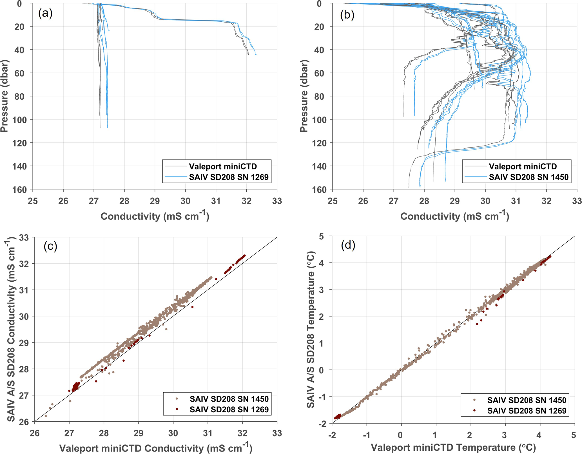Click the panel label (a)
[45, 14]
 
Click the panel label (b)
[347, 15]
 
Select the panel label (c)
[50, 246]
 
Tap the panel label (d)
[348, 245]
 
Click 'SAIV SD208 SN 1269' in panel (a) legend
[229, 177]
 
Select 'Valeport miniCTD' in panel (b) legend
[523, 166]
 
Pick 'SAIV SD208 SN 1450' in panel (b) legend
[529, 177]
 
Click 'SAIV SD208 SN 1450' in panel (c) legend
[229, 399]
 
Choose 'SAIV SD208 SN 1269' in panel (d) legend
[527, 411]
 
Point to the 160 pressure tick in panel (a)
[19, 190]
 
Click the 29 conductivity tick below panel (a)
[155, 201]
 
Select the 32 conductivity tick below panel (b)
[547, 201]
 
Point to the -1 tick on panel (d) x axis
[366, 435]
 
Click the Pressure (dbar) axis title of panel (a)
[4, 96]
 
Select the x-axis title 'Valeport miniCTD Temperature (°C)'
[453, 448]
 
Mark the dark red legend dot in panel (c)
[177, 409]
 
